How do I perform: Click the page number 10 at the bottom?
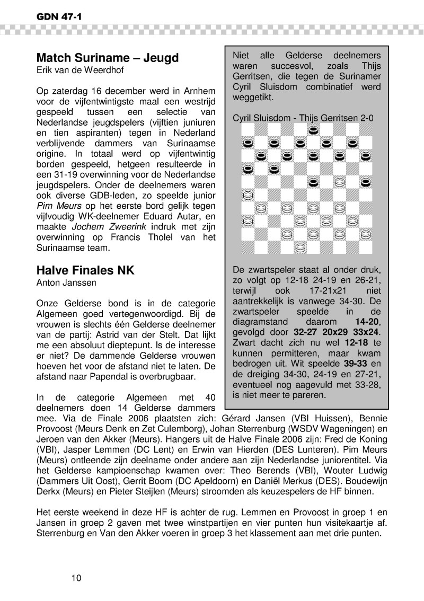pyautogui.click(x=76, y=578)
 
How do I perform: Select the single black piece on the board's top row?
pyautogui.click(x=313, y=130)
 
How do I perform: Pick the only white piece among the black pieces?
pyautogui.click(x=340, y=182)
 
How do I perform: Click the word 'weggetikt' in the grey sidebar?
pyautogui.click(x=253, y=98)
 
